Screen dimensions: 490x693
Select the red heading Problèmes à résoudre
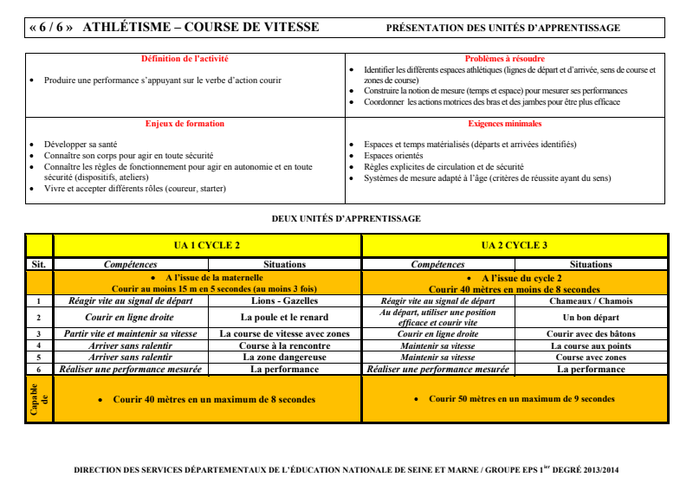[x=505, y=58]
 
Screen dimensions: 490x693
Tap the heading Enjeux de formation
[x=185, y=124]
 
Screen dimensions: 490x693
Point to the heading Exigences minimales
[x=505, y=124]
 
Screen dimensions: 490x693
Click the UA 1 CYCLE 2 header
[x=207, y=245]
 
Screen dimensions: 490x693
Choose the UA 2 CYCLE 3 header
[x=515, y=245]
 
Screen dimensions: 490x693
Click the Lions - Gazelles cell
[x=284, y=301]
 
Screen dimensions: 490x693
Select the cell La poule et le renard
[x=284, y=318]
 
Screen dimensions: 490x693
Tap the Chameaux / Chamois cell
[x=591, y=301]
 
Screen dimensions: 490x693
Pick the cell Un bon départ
[x=591, y=318]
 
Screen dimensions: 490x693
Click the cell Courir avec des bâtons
[x=591, y=333]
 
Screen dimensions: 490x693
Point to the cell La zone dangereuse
[x=284, y=357]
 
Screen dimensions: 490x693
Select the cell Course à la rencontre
[x=284, y=345]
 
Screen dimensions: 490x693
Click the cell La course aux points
[x=591, y=345]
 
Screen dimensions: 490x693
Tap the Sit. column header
[x=39, y=264]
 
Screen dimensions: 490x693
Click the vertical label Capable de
[x=39, y=399]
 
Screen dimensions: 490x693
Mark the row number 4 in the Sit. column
[x=39, y=345]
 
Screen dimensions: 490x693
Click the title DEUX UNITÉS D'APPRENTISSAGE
[x=346, y=218]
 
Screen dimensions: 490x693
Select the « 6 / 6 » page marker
[x=50, y=28]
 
